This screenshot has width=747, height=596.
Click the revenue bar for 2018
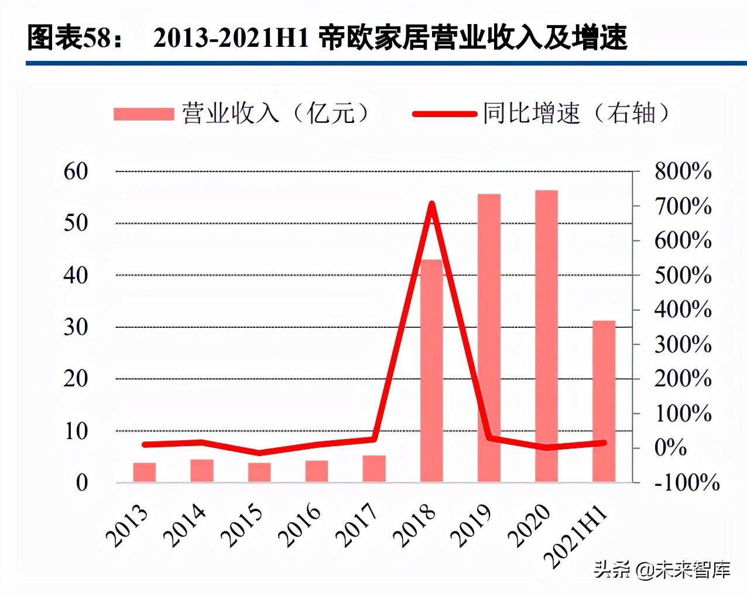[431, 375]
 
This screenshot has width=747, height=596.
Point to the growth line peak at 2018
[431, 204]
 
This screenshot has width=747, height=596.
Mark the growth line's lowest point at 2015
[259, 453]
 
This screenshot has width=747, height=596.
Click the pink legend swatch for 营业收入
[143, 114]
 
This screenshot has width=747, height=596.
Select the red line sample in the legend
[444, 114]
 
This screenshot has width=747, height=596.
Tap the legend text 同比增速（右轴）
[576, 113]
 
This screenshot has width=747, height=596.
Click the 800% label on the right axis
[683, 172]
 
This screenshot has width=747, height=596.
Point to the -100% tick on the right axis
[687, 482]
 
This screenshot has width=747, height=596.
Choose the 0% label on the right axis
[670, 448]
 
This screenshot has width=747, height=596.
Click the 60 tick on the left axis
[76, 172]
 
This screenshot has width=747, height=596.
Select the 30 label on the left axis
[76, 327]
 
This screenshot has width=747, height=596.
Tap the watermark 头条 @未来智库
[662, 569]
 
